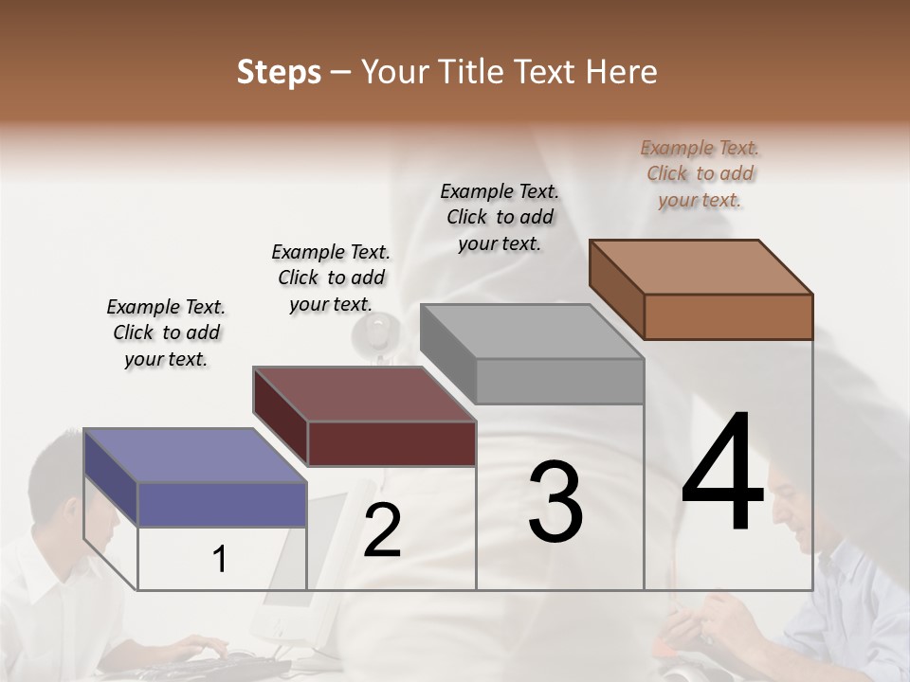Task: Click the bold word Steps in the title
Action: (x=279, y=72)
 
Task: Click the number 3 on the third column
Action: (x=555, y=502)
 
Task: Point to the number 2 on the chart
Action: (x=382, y=530)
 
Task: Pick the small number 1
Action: (x=220, y=560)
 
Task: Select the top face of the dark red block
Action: (x=364, y=393)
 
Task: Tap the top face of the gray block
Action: (x=531, y=332)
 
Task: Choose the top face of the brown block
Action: (x=701, y=266)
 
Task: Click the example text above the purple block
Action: (x=166, y=332)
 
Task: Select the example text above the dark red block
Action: (x=331, y=278)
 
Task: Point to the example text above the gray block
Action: (x=500, y=217)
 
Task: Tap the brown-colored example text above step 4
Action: (x=700, y=173)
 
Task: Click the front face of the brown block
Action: (x=728, y=316)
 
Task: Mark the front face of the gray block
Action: (x=559, y=381)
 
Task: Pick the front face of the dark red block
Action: (x=391, y=443)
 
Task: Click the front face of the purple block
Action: (x=222, y=504)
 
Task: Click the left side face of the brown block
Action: (x=616, y=288)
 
